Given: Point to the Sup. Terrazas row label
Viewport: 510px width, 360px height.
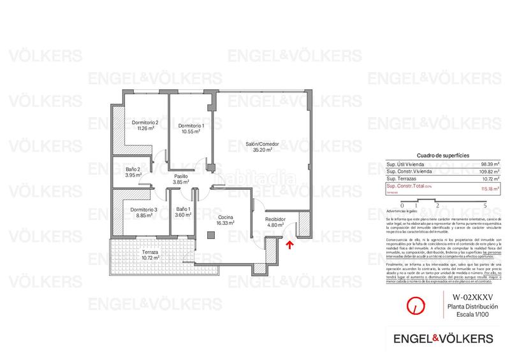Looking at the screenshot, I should coord(402,180).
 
